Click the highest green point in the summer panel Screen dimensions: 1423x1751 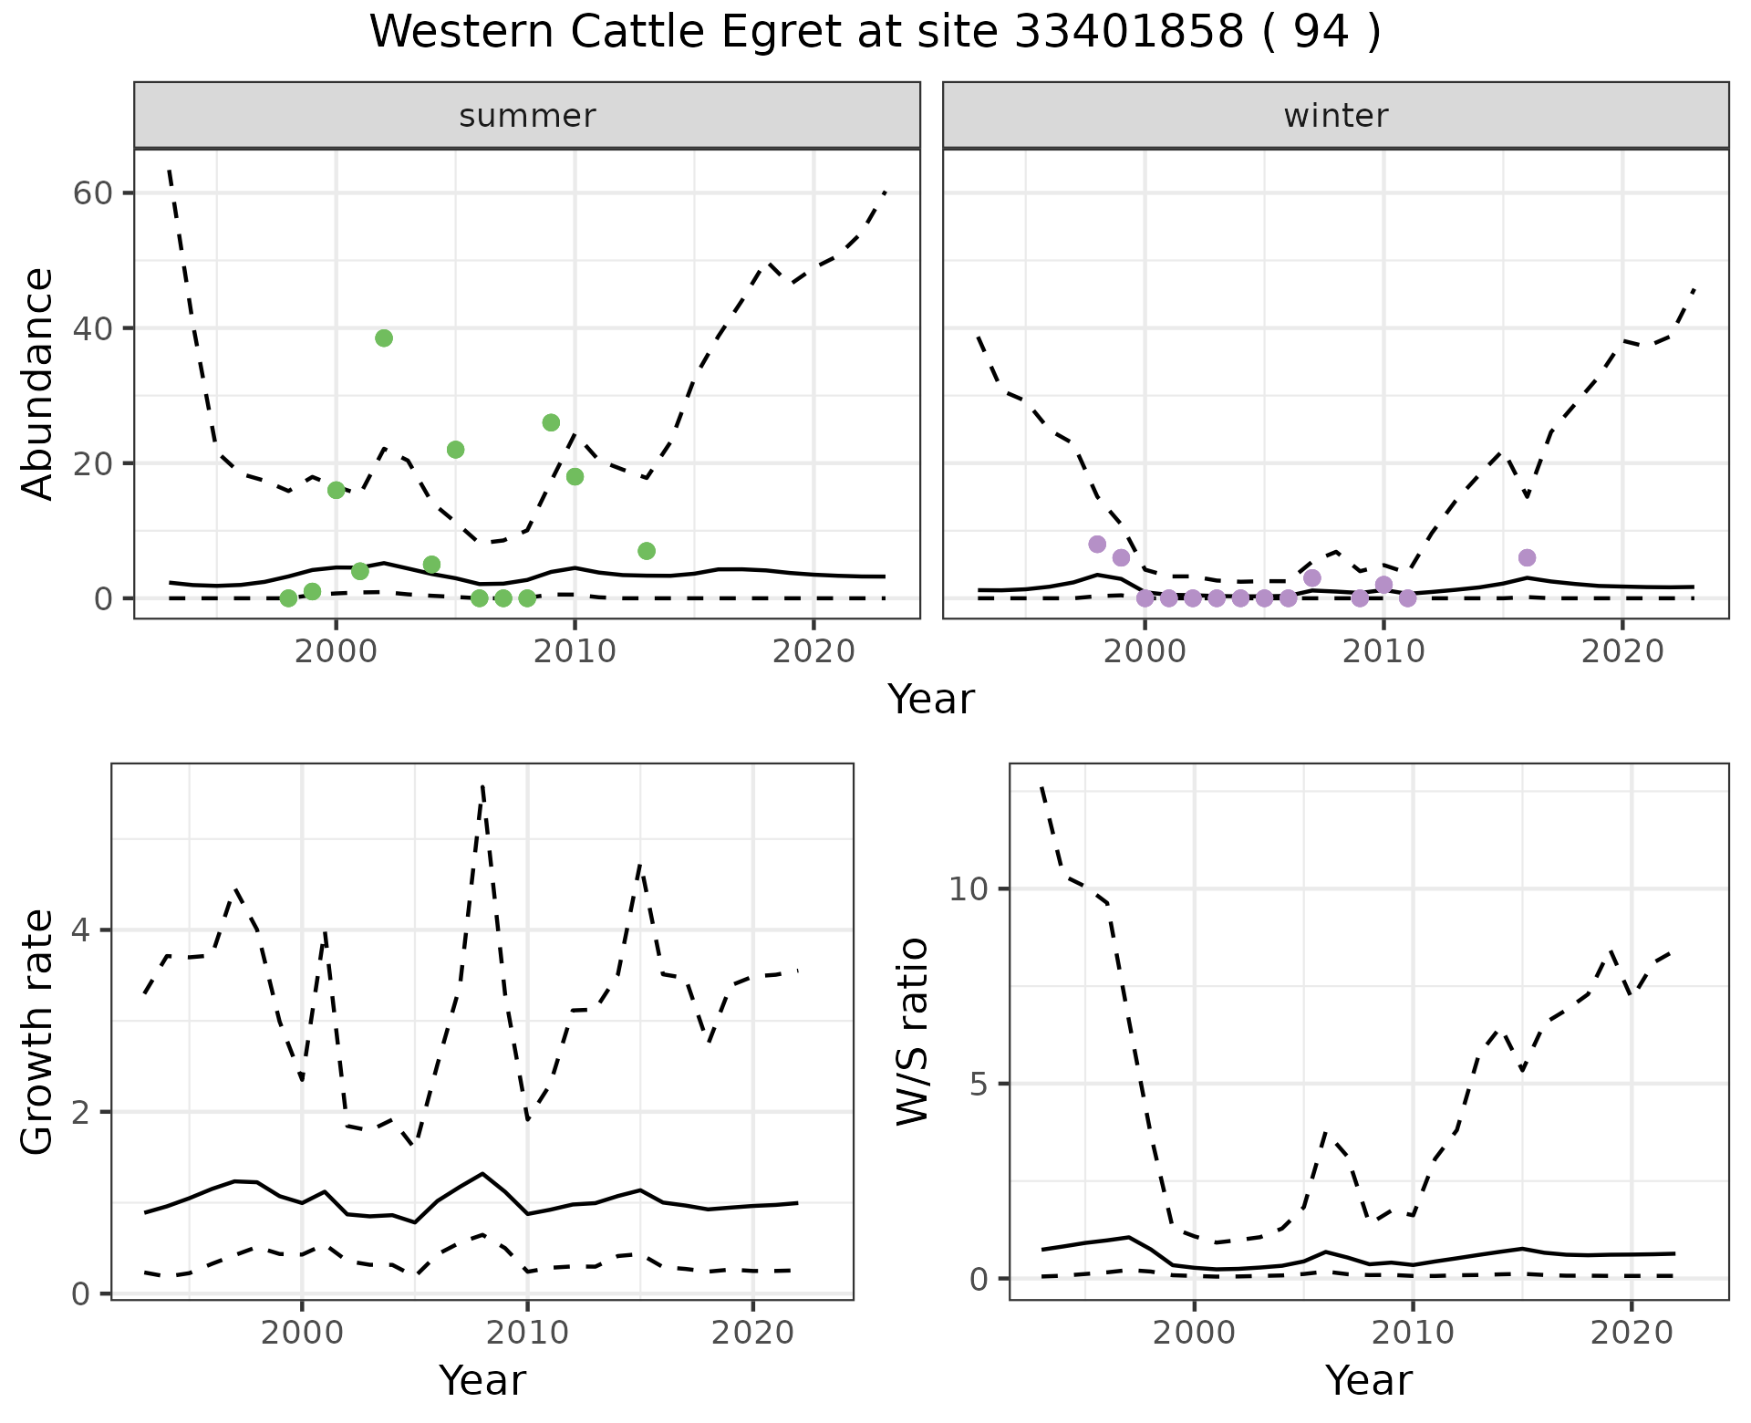click(x=384, y=338)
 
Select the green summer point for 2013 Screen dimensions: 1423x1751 click(x=647, y=551)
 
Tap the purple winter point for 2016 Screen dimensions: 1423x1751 click(x=1527, y=557)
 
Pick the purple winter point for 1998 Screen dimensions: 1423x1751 click(x=1097, y=545)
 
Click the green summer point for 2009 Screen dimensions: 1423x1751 click(x=551, y=422)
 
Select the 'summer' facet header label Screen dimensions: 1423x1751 click(x=527, y=116)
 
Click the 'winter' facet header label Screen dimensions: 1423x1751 click(x=1335, y=116)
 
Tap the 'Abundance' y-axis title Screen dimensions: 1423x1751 click(x=38, y=384)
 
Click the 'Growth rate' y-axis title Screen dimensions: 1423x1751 click(x=38, y=1032)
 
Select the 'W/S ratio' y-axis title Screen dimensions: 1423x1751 click(x=912, y=1032)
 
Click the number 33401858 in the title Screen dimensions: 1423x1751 click(x=1129, y=33)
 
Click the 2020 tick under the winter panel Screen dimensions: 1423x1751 click(x=1621, y=651)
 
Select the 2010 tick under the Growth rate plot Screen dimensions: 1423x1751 click(x=526, y=1333)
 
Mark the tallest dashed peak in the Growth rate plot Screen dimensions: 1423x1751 click(x=482, y=786)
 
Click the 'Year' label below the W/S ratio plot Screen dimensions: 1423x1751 click(x=1368, y=1380)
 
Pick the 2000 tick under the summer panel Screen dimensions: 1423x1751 click(x=336, y=651)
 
